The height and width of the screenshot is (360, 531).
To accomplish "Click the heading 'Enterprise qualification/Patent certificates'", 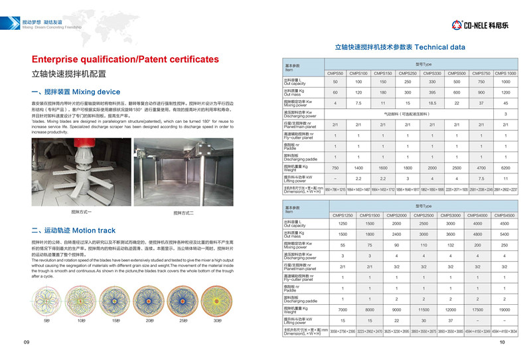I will point(125,59).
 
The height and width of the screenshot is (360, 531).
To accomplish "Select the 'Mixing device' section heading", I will point(76,92).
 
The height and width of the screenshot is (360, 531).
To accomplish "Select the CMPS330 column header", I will point(432,72).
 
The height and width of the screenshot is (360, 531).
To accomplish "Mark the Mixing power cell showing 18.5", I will point(432,104).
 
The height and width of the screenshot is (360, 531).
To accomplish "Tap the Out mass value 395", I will point(432,92).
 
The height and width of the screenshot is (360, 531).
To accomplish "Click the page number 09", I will point(27,342).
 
